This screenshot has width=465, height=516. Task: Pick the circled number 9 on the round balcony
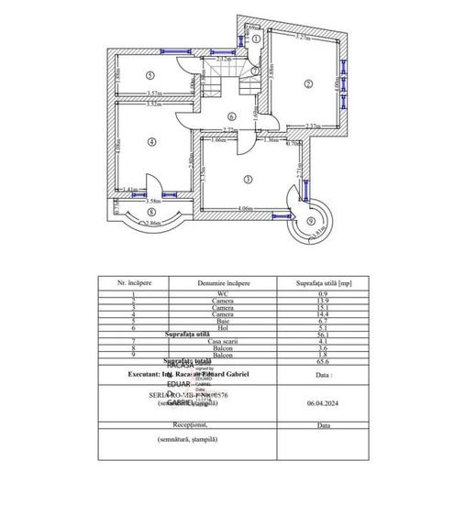tap(310, 222)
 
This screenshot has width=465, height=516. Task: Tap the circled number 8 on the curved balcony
tap(151, 213)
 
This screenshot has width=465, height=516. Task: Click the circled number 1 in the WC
tap(257, 39)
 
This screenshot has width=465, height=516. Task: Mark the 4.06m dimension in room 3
tap(245, 209)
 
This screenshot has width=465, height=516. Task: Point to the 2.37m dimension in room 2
tap(312, 126)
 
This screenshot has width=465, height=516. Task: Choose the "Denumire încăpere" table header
tap(223, 284)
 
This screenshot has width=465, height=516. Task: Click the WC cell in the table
tap(223, 293)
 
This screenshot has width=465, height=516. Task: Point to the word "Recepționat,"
tap(187, 425)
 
